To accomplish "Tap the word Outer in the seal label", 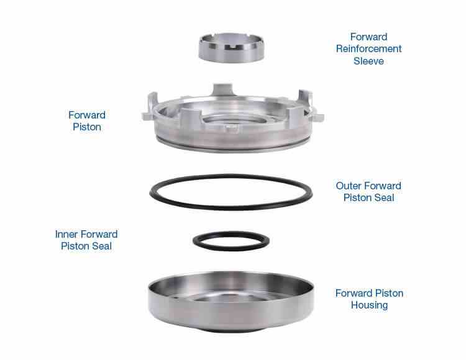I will pos(349,186).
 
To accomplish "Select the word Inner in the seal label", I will pos(66,234).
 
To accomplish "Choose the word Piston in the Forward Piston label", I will pos(86,127).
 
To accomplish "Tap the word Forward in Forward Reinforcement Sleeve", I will pos(369,37).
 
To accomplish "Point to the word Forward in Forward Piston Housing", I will pos(353,293).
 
